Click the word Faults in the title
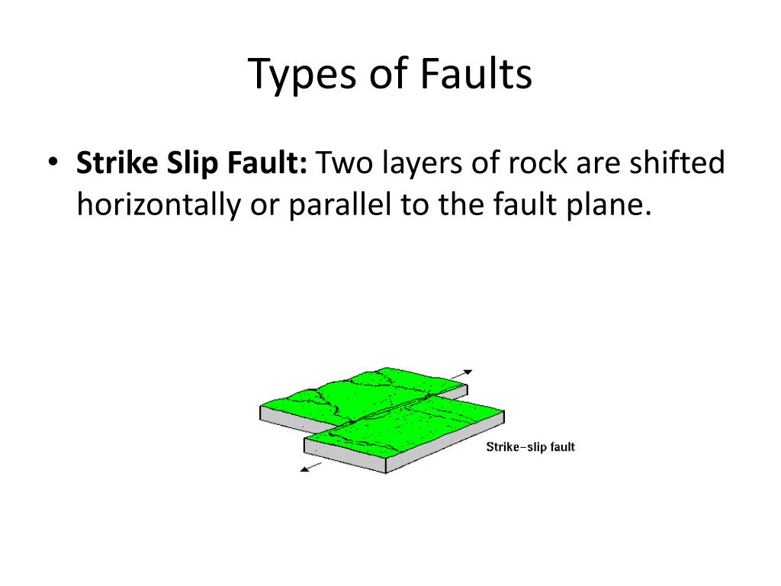[476, 73]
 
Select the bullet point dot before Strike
[53, 162]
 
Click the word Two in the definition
[344, 163]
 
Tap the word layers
[423, 164]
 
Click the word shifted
[677, 163]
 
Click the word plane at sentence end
[609, 205]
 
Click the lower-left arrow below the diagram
[311, 467]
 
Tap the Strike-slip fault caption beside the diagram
[531, 447]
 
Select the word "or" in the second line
[265, 208]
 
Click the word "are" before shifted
[598, 166]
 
